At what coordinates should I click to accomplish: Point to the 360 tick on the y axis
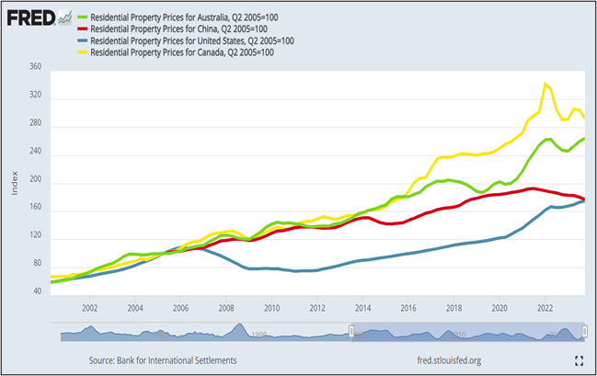click(x=35, y=67)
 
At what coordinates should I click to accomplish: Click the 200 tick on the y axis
click(x=35, y=184)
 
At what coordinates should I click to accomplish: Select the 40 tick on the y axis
click(x=37, y=291)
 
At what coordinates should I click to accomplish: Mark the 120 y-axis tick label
click(x=35, y=238)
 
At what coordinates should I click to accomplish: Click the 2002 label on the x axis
click(x=90, y=308)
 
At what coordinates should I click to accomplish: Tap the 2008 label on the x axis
click(x=226, y=308)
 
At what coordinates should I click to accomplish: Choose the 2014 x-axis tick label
click(x=362, y=308)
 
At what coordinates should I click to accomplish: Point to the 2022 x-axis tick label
click(x=544, y=308)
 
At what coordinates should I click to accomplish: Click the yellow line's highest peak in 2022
click(x=546, y=84)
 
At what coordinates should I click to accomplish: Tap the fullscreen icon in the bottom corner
click(x=580, y=361)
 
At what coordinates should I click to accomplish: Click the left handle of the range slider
click(x=350, y=331)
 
